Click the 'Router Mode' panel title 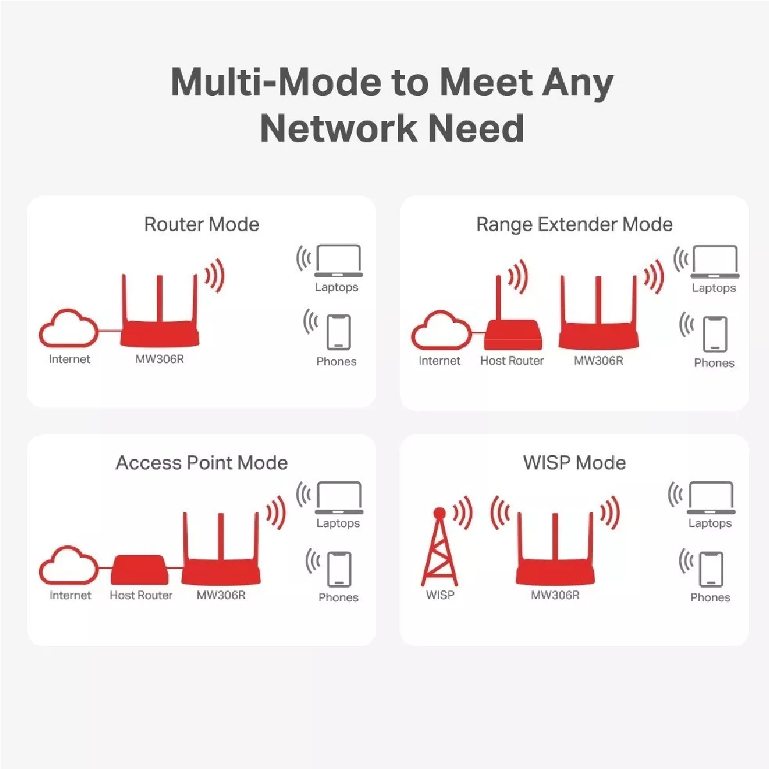click(201, 224)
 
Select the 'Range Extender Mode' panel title click(574, 224)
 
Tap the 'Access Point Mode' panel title click(201, 463)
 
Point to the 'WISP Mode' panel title click(574, 463)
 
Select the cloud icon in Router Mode click(69, 329)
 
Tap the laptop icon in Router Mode click(338, 261)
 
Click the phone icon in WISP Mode click(711, 569)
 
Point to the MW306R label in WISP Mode click(555, 595)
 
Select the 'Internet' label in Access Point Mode click(70, 595)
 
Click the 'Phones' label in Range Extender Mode click(714, 363)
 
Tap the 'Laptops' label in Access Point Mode click(338, 524)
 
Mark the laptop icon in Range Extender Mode click(715, 261)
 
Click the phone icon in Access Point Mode click(339, 569)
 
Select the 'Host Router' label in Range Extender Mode click(512, 361)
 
